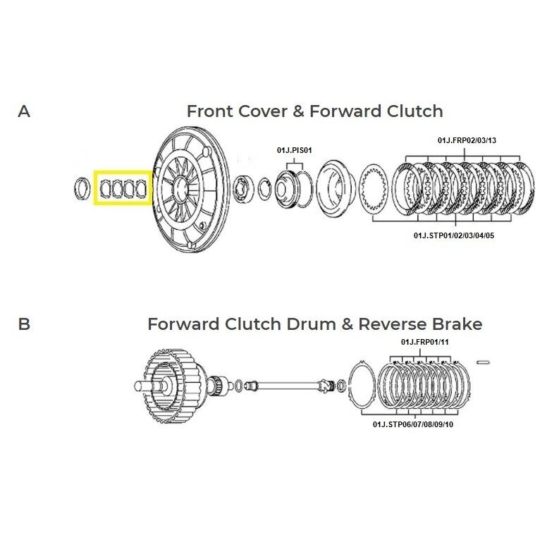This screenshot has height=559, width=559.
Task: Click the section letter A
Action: click(24, 111)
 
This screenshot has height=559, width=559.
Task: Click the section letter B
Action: click(24, 324)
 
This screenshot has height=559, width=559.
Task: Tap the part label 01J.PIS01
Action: click(294, 150)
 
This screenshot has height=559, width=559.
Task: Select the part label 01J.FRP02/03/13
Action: click(467, 140)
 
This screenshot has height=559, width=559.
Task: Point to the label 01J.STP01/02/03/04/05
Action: click(454, 235)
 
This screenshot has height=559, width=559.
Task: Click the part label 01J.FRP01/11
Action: click(424, 343)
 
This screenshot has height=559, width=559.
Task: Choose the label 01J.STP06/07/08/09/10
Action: click(413, 424)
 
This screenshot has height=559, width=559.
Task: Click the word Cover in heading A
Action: click(262, 111)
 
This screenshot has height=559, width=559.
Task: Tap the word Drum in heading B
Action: click(312, 324)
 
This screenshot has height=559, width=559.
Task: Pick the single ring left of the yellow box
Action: click(82, 188)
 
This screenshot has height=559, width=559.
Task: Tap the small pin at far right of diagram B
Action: click(483, 362)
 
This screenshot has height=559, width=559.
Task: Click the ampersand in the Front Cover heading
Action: click(298, 111)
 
